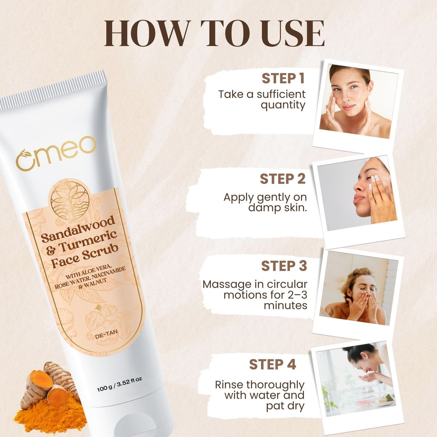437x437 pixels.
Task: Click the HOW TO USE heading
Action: (x=214, y=33)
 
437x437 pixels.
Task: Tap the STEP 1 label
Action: (x=283, y=79)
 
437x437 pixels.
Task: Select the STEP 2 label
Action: (x=283, y=179)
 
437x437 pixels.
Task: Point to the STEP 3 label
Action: (x=284, y=266)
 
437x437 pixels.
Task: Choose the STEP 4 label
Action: (x=272, y=364)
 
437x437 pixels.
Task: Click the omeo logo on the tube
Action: (x=56, y=153)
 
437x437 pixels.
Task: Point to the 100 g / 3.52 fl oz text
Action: (x=119, y=385)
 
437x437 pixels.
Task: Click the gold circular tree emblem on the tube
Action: (x=70, y=199)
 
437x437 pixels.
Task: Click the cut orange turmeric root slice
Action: (x=57, y=397)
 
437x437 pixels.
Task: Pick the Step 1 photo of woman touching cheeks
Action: (x=358, y=102)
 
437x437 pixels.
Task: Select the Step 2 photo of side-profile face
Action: (x=357, y=194)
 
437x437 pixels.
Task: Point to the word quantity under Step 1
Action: (x=283, y=106)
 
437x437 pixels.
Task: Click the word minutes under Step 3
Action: (x=286, y=306)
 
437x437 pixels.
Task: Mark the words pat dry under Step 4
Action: (x=285, y=406)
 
